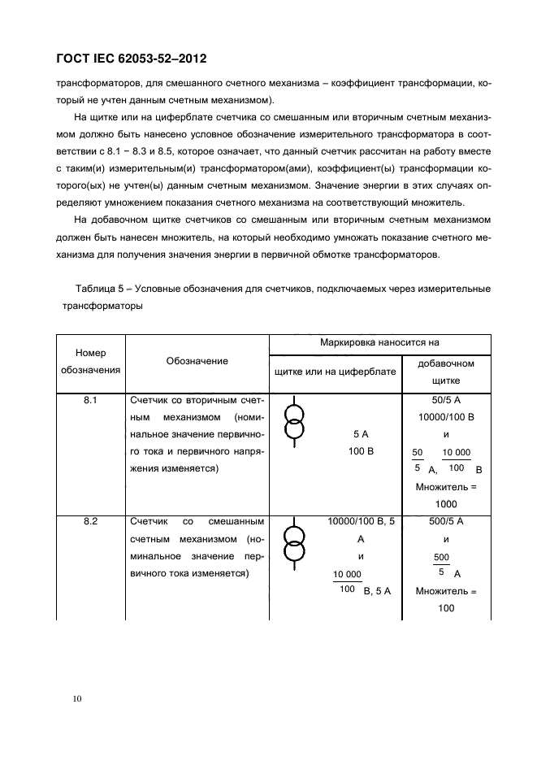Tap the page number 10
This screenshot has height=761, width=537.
76,698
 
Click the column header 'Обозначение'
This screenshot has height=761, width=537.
197,361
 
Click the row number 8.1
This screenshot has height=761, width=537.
90,401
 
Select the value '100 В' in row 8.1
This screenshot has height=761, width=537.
360,450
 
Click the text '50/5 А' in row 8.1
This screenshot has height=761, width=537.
446,401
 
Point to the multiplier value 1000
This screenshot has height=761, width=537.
446,504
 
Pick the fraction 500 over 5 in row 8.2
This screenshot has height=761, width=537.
442,564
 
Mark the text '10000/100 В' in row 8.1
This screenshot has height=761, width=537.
446,417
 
